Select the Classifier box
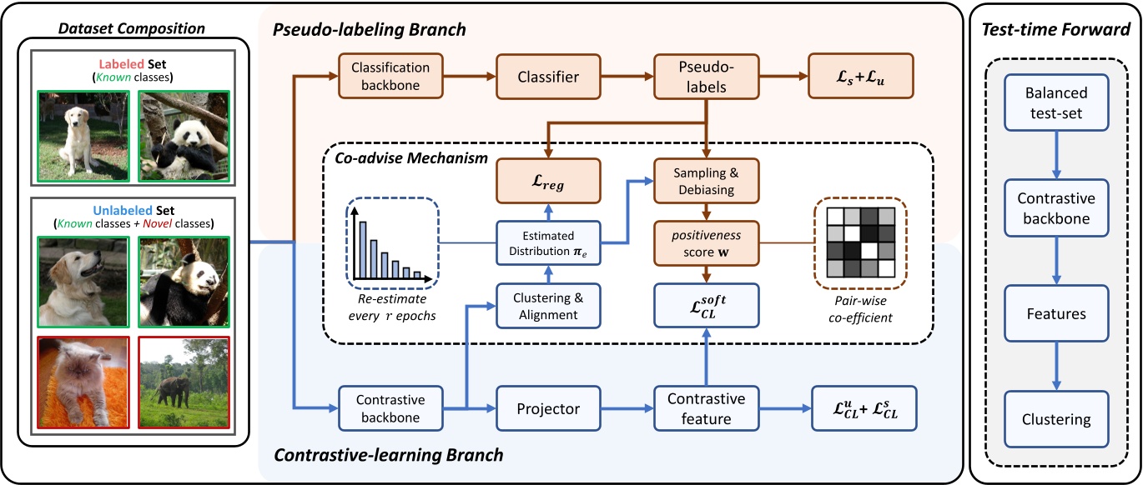tap(547, 77)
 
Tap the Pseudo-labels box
tap(706, 77)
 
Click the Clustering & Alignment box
tap(547, 307)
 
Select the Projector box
tap(547, 409)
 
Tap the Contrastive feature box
tap(706, 409)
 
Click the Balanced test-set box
tap(1055, 102)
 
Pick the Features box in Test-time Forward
tap(1055, 314)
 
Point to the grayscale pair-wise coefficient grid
tap(860, 241)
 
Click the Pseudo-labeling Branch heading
tap(369, 30)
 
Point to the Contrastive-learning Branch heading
tap(389, 456)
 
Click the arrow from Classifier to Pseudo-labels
tap(631, 77)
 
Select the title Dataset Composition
tap(132, 28)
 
